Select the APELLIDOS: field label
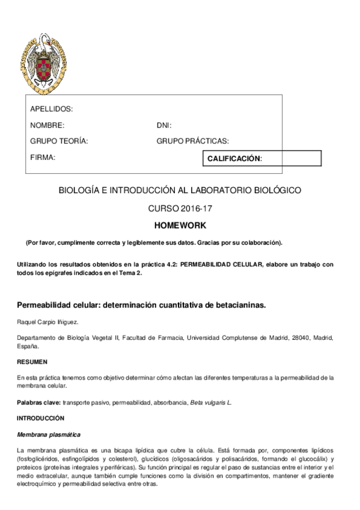click(x=51, y=109)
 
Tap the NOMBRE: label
click(x=47, y=125)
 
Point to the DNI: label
click(x=164, y=125)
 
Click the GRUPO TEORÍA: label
click(x=59, y=141)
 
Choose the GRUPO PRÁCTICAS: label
click(x=192, y=141)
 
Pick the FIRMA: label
click(x=43, y=157)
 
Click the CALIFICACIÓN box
click(x=263, y=158)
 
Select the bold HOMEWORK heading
click(x=180, y=226)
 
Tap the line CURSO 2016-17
click(x=180, y=209)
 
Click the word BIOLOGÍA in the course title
click(x=79, y=190)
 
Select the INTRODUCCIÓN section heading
click(x=40, y=417)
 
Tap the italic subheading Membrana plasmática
click(x=49, y=434)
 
